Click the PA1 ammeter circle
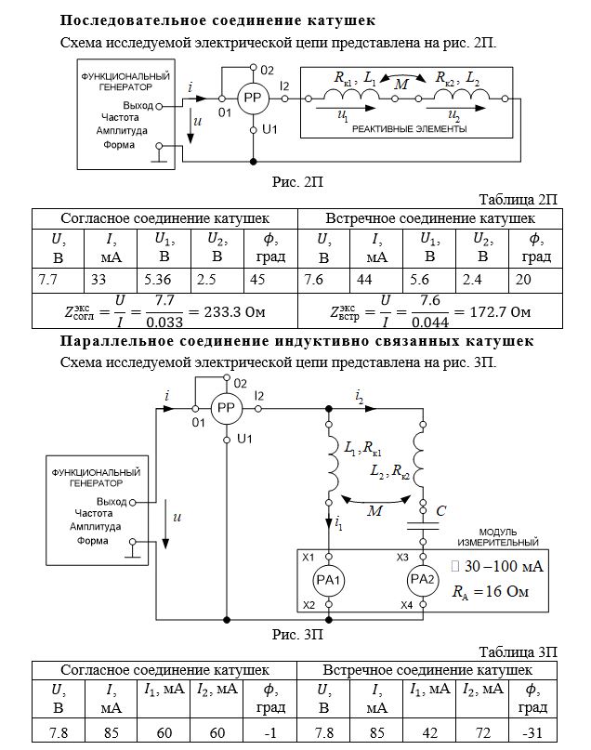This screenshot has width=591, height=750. [x=329, y=580]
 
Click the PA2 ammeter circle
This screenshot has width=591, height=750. [x=423, y=580]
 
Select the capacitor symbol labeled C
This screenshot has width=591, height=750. [x=423, y=526]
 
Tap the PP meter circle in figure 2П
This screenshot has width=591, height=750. [x=253, y=99]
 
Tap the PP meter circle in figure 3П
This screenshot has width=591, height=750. [x=227, y=409]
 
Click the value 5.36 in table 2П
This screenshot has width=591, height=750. [x=157, y=280]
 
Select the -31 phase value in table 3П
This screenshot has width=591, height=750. [x=532, y=732]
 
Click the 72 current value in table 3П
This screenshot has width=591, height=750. [x=483, y=732]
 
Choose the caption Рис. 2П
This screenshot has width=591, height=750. [x=297, y=182]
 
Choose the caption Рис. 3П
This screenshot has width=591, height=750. [x=297, y=635]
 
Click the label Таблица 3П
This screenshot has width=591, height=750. [x=518, y=651]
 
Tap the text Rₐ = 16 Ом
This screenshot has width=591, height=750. [x=490, y=592]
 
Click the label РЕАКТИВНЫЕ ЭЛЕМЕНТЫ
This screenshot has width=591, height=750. [x=409, y=128]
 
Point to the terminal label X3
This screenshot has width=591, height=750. [x=402, y=558]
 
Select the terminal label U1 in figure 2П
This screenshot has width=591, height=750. [x=269, y=129]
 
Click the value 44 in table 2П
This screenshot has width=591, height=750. [x=364, y=280]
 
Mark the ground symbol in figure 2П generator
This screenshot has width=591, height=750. [x=159, y=153]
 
